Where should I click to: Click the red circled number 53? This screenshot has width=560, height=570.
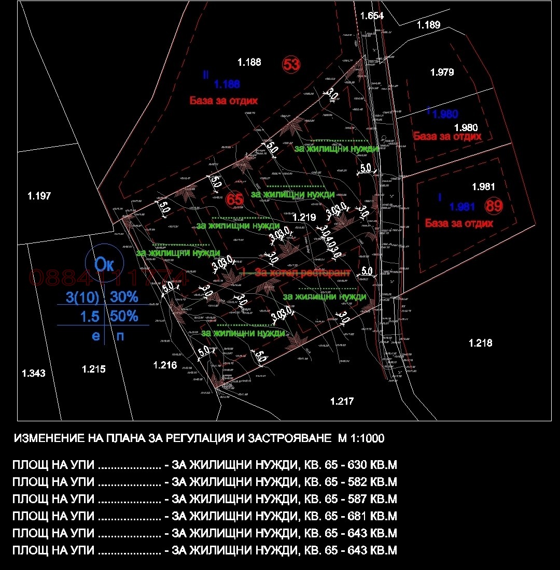tap(291, 64)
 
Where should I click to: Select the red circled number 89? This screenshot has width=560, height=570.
tap(494, 206)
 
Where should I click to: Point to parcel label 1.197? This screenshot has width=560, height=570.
tap(39, 196)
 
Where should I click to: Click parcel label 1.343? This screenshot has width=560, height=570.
tap(34, 373)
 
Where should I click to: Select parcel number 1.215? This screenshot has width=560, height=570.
tap(94, 369)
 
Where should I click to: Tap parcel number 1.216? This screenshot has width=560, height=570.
tap(165, 365)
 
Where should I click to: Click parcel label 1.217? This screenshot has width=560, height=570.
tap(342, 401)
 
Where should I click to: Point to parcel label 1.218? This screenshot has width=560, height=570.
tap(480, 343)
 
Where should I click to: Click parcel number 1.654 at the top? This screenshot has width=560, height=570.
tap(372, 16)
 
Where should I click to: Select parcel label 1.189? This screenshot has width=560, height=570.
tap(428, 24)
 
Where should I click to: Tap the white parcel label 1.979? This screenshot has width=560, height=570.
tap(442, 72)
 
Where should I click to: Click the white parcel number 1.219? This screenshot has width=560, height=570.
tap(304, 218)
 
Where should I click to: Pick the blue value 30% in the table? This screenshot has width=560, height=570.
tap(124, 297)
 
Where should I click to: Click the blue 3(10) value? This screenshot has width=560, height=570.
tap(82, 297)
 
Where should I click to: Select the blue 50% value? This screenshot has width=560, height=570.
tap(124, 316)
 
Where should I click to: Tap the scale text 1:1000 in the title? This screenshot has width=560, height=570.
tap(367, 438)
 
